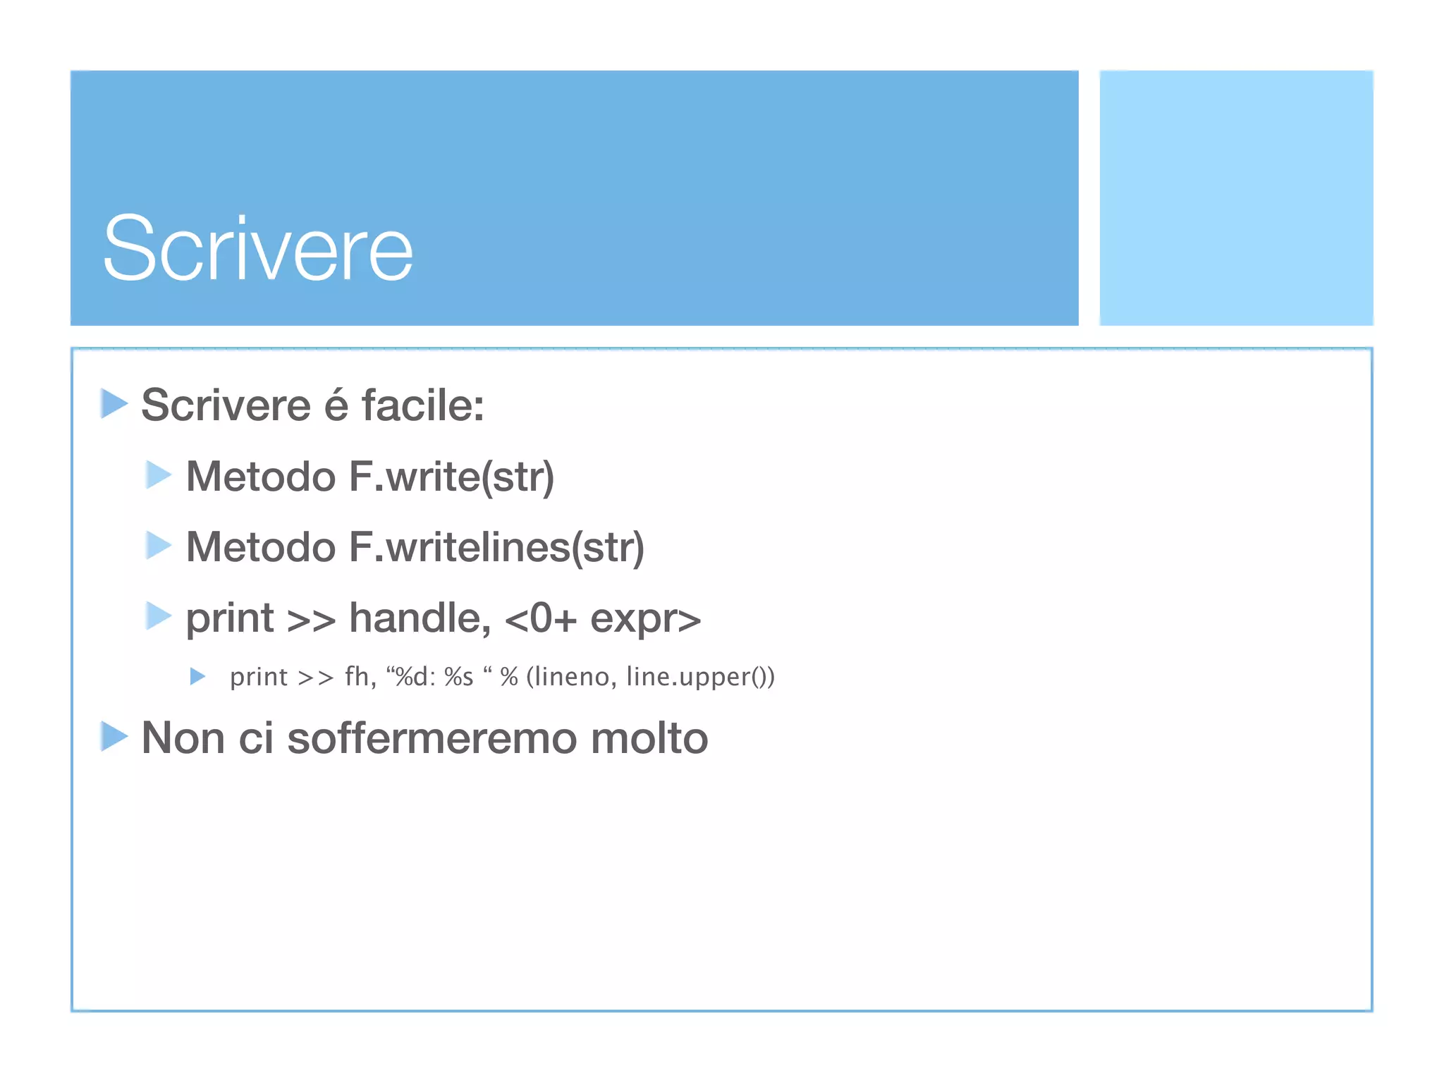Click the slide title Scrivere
pos(257,248)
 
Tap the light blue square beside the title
pos(1236,197)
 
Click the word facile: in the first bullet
pos(422,405)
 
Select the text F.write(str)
pos(451,477)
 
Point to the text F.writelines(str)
pos(496,548)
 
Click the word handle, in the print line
pos(420,618)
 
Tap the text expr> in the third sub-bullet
pos(645,619)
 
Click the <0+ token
pos(541,619)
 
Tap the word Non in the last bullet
pos(183,738)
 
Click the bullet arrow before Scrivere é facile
pos(114,404)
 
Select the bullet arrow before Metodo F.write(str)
pos(159,475)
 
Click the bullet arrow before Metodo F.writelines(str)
pos(159,546)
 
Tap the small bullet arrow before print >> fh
pos(197,677)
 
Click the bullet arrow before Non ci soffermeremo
pos(114,737)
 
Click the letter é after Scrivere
pos(336,405)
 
